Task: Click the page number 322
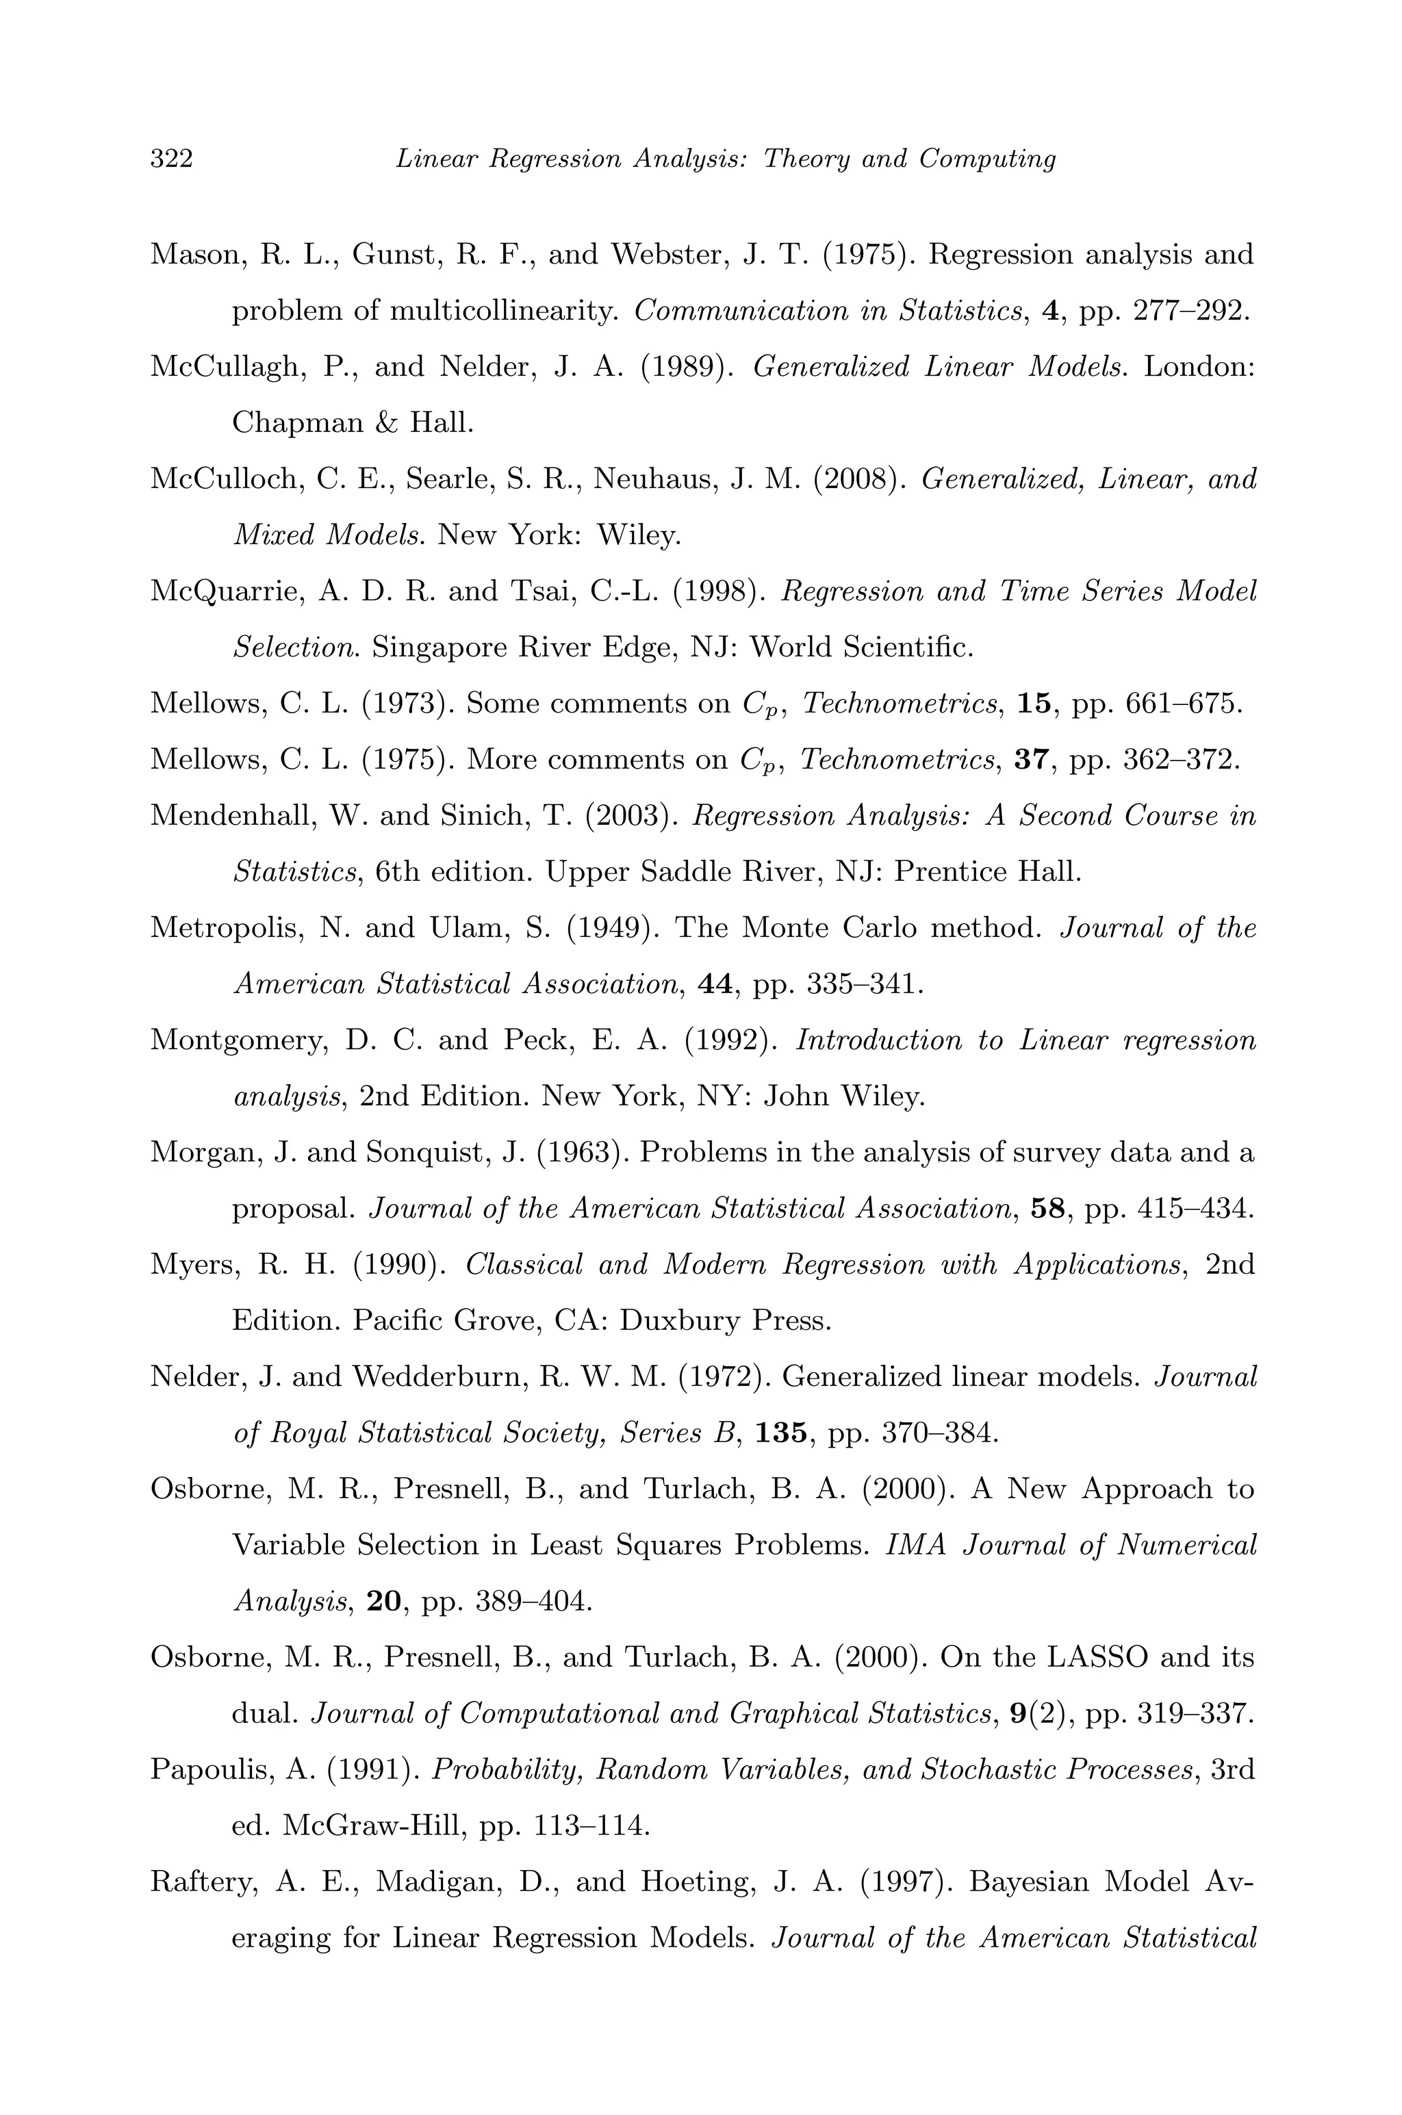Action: [x=172, y=159]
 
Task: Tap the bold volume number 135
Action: [x=782, y=1433]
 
